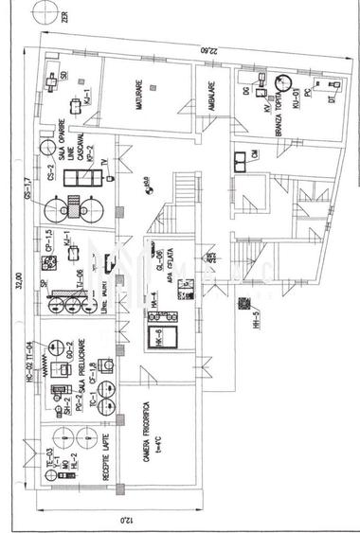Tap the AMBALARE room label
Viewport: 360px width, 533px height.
click(x=215, y=94)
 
